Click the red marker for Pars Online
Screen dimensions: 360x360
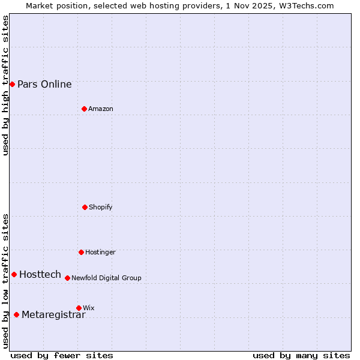pyautogui.click(x=12, y=84)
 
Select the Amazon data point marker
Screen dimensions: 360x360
pyautogui.click(x=84, y=109)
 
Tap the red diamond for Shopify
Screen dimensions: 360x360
pyautogui.click(x=85, y=207)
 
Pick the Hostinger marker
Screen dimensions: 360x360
pyautogui.click(x=81, y=252)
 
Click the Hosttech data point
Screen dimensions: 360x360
pyautogui.click(x=14, y=274)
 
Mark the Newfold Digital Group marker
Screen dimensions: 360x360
pyautogui.click(x=67, y=278)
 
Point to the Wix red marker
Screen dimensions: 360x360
pyautogui.click(x=79, y=308)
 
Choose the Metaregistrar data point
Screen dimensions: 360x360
pyautogui.click(x=16, y=314)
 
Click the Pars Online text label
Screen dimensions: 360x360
pyautogui.click(x=44, y=84)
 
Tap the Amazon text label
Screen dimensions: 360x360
pyautogui.click(x=101, y=109)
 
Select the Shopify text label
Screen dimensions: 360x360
pyautogui.click(x=101, y=207)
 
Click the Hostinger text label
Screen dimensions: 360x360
pyautogui.click(x=100, y=252)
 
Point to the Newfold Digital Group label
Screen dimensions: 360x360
pyautogui.click(x=106, y=278)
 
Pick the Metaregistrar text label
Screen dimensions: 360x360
pyautogui.click(x=53, y=315)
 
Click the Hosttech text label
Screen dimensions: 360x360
pyautogui.click(x=40, y=274)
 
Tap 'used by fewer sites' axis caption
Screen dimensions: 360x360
pyautogui.click(x=62, y=355)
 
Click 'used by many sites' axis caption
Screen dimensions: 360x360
pyautogui.click(x=301, y=355)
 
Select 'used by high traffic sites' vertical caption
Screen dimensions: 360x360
pyautogui.click(x=5, y=85)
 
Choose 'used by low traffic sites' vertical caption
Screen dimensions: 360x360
pyautogui.click(x=5, y=281)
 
